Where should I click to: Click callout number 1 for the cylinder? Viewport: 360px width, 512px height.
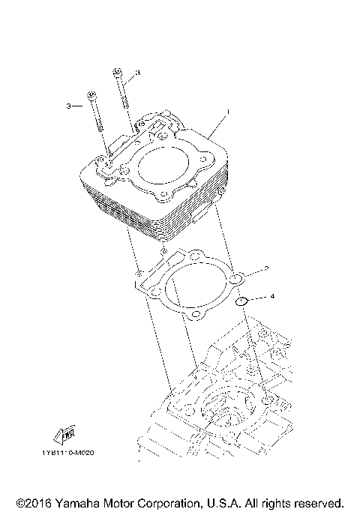coord(228,112)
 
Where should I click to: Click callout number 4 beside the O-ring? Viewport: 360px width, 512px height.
coord(272,297)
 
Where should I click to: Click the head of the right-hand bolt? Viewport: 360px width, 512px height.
coord(118,72)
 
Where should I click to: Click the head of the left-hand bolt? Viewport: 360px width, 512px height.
coord(91,94)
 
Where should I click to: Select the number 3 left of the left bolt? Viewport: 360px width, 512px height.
coord(67,106)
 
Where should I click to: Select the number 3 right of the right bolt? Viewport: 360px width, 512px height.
coord(138,73)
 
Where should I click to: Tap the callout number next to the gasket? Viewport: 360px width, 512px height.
coord(265,268)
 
